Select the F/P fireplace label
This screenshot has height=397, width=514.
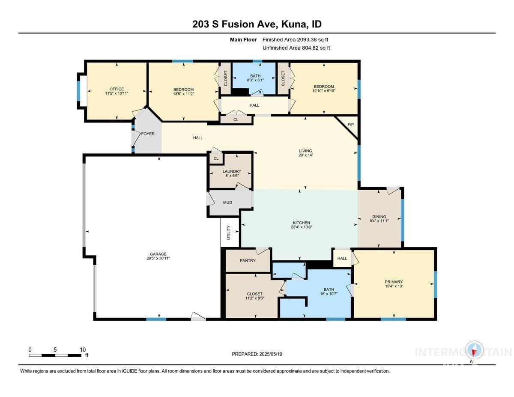tap(350, 125)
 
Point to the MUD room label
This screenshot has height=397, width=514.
tap(227, 203)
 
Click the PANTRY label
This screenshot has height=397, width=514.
tap(248, 260)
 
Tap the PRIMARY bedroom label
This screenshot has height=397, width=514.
tap(394, 282)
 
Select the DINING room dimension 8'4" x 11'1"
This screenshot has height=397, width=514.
tap(379, 221)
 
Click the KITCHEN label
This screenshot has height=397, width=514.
tap(301, 223)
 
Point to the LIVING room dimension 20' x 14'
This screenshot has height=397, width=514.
tap(306, 155)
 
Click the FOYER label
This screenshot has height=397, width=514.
tap(148, 134)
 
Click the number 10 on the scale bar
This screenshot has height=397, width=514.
tap(83, 349)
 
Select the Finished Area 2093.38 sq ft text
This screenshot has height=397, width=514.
tap(296, 39)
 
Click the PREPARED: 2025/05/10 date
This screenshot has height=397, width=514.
tap(257, 354)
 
